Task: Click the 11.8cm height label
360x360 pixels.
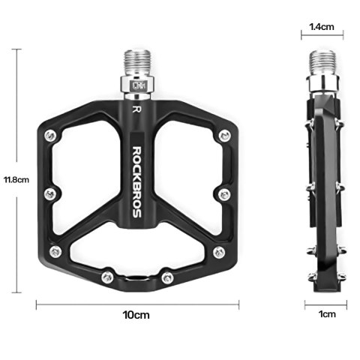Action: point(16,179)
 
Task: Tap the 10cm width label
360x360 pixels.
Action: point(137,315)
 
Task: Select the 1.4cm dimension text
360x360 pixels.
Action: point(322,26)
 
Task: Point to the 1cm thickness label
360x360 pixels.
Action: point(326,315)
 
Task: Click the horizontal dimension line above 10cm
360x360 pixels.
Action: point(137,304)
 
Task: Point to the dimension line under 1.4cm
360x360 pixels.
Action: point(322,34)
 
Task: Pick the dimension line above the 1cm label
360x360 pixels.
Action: point(326,304)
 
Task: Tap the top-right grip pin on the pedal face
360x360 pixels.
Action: point(224,136)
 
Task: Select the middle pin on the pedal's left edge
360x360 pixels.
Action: point(49,194)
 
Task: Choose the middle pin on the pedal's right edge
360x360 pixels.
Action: point(223,194)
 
